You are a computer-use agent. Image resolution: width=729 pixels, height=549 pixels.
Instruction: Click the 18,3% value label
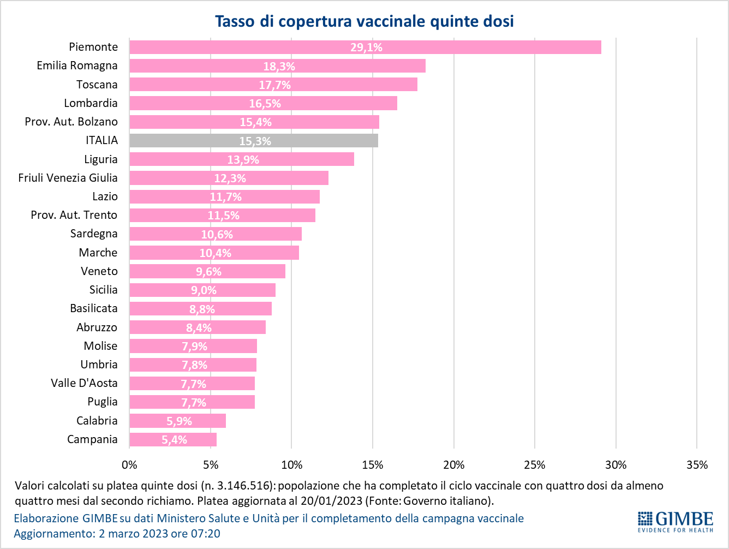[279, 67]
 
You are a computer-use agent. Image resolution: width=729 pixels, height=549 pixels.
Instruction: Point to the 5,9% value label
[179, 421]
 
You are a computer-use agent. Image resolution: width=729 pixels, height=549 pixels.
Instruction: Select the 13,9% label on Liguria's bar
[243, 160]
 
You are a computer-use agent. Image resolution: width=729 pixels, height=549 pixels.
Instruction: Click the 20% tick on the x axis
[453, 465]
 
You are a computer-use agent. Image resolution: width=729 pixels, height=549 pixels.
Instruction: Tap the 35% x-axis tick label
[696, 465]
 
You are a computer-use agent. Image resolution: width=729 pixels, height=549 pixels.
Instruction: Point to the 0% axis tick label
[129, 465]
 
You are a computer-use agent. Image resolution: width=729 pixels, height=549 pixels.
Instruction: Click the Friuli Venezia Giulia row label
[68, 178]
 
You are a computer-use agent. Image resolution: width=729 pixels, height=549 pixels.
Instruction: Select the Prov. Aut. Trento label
[74, 215]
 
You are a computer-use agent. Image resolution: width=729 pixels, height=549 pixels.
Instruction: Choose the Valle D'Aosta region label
[84, 383]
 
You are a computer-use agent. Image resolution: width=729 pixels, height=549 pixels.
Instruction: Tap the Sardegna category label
[94, 234]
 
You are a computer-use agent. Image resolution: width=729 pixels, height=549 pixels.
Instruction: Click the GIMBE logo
[675, 521]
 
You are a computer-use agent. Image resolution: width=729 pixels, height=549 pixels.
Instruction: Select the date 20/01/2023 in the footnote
[334, 500]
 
